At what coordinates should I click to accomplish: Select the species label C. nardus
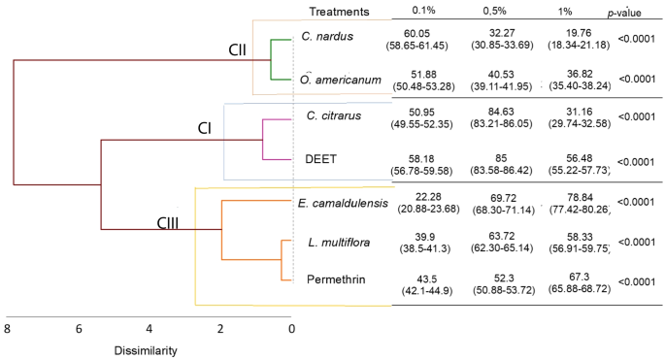pyautogui.click(x=327, y=37)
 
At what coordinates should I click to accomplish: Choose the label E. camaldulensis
pyautogui.click(x=342, y=203)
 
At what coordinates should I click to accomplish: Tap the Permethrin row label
pyautogui.click(x=335, y=280)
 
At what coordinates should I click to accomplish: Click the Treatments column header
pyautogui.click(x=339, y=12)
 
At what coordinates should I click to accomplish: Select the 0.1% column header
pyautogui.click(x=423, y=12)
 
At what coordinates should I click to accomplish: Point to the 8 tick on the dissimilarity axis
pyautogui.click(x=8, y=329)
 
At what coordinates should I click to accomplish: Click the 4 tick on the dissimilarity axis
pyautogui.click(x=150, y=329)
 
